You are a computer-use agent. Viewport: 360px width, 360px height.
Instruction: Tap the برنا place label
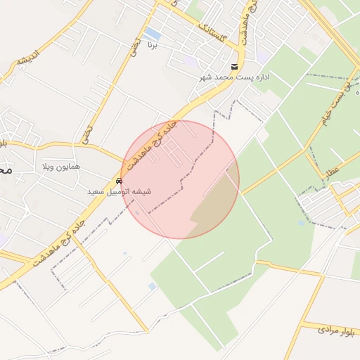[153, 45]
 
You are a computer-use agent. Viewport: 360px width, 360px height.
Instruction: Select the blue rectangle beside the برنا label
[152, 33]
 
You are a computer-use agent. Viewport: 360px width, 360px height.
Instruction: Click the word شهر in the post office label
[205, 76]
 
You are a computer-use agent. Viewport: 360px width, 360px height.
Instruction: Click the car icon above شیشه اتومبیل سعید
[119, 181]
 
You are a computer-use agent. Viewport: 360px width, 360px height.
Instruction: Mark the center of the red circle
[180, 179]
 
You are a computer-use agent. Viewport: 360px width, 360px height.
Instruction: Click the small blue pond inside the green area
[153, 286]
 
